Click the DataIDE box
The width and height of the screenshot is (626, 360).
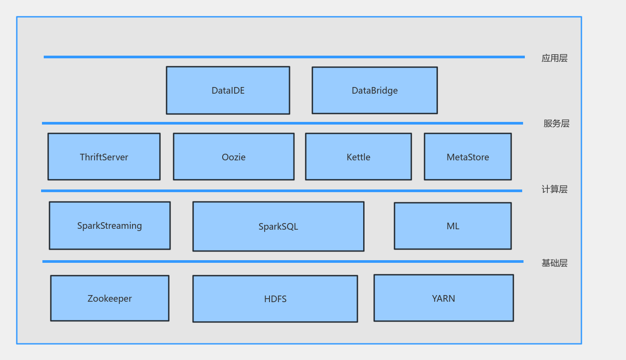[228, 91]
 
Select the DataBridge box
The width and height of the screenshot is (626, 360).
[375, 91]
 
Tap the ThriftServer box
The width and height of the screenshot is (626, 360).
[104, 157]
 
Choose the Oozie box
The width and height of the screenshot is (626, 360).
[234, 157]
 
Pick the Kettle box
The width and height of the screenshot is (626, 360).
[358, 157]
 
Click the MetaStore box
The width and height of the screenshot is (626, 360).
[468, 157]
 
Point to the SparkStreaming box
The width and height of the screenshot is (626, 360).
[110, 226]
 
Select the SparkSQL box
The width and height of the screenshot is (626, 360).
[278, 227]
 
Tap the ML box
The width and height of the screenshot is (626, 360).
[453, 226]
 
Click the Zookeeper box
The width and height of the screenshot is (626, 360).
[110, 299]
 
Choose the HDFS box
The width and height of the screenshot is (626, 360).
[275, 299]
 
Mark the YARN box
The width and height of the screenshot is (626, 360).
[444, 298]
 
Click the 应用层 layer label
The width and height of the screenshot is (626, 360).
[554, 58]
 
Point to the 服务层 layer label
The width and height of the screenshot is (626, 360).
[556, 124]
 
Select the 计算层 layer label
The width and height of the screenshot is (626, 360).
[554, 189]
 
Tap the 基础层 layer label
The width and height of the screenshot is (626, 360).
[554, 263]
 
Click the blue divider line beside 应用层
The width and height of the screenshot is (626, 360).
[284, 57]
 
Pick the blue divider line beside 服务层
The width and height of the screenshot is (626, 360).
[282, 123]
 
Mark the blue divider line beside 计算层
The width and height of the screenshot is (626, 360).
[281, 191]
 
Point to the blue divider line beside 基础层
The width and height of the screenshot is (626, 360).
[283, 261]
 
